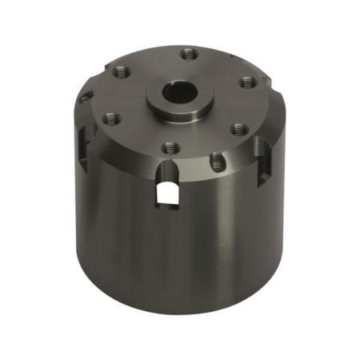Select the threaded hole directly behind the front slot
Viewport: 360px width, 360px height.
tap(168, 146)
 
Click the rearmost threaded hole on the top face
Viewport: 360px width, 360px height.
tap(189, 54)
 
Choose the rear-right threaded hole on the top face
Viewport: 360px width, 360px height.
tap(246, 82)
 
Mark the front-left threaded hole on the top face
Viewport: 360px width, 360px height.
tap(111, 118)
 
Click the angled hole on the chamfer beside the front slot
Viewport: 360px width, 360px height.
tap(217, 163)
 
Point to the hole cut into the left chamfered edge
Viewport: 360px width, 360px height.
tap(83, 100)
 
